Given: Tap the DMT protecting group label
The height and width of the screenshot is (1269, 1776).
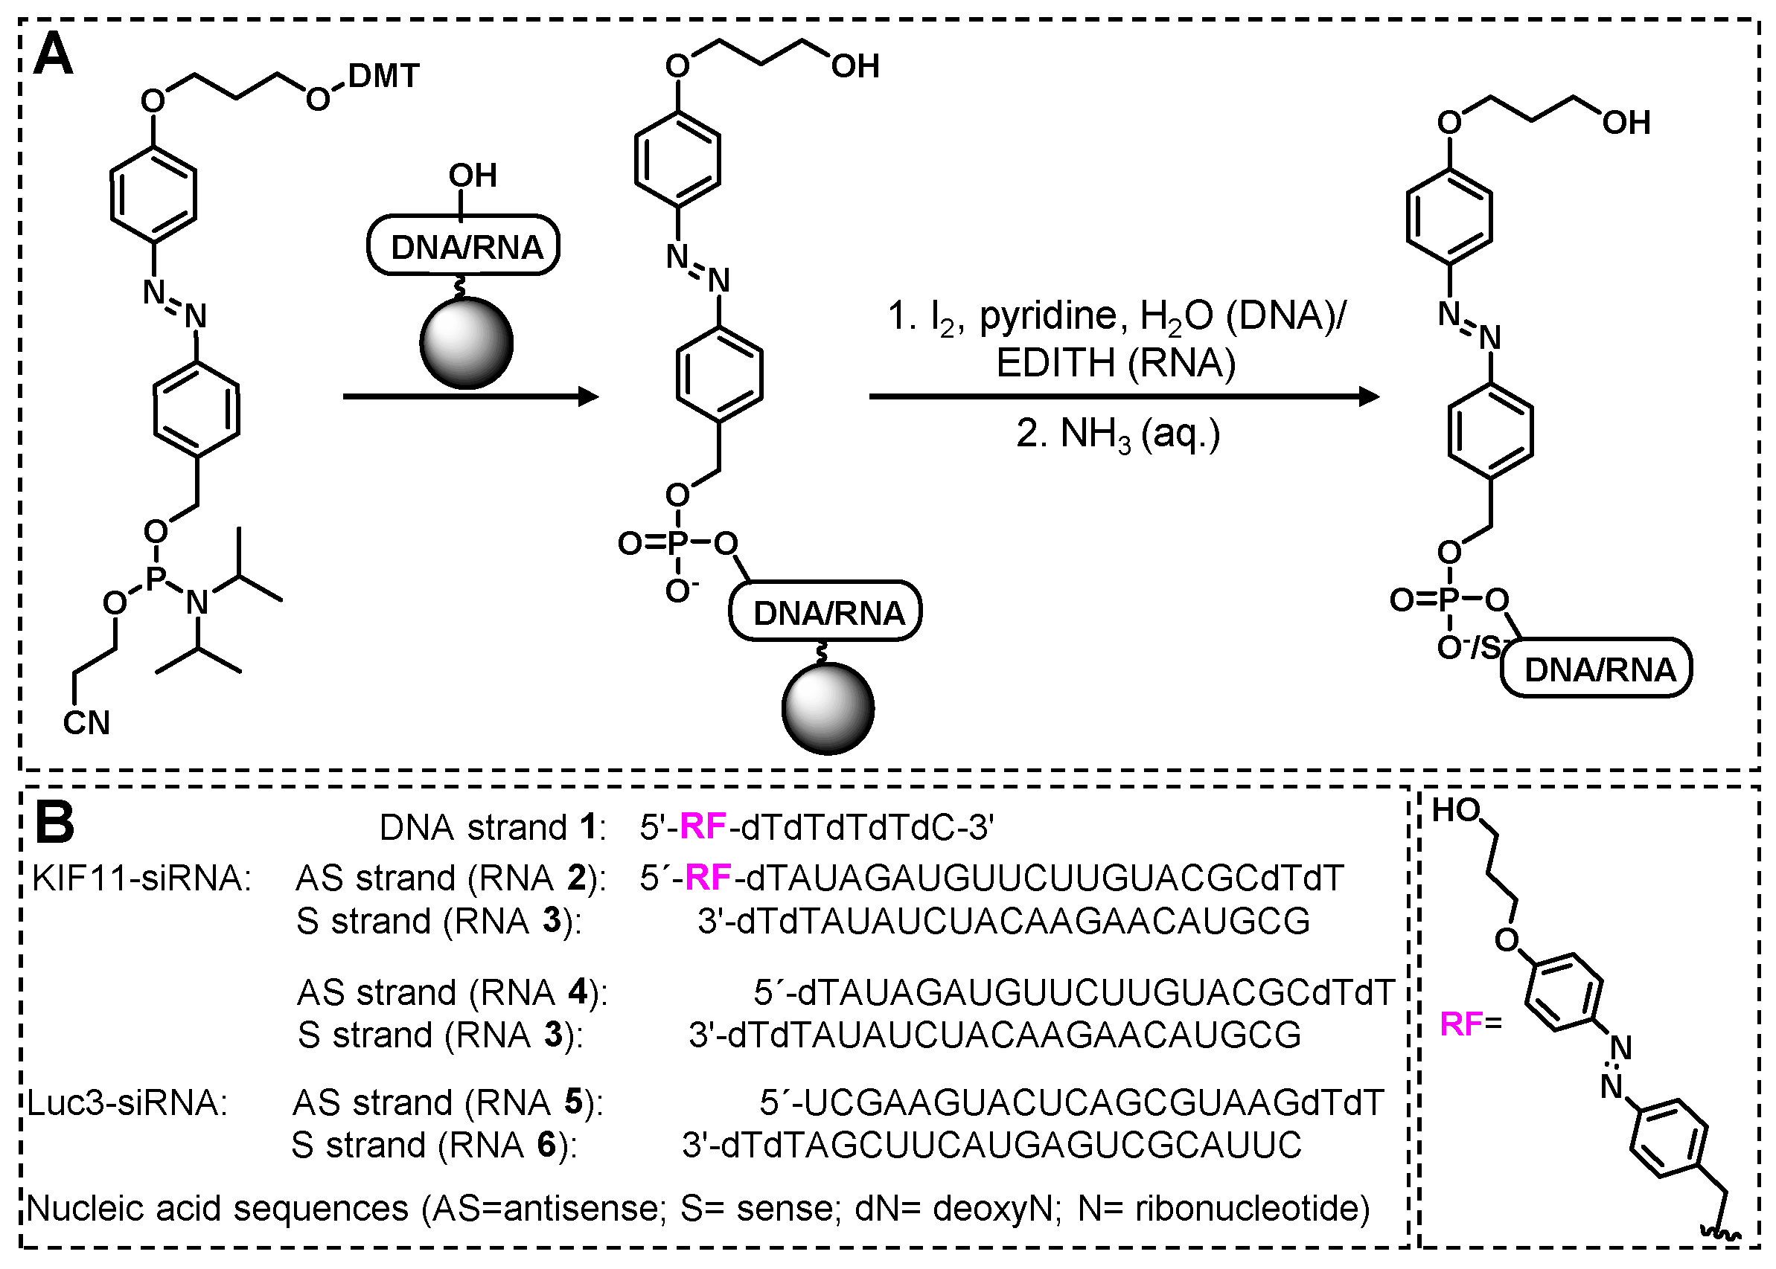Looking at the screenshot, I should coord(384,77).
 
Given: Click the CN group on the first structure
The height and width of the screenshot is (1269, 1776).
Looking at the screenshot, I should coord(86,723).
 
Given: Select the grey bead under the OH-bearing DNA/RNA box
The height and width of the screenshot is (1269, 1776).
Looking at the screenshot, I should coord(466,342).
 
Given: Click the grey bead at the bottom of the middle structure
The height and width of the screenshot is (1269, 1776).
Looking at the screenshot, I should coord(828,708).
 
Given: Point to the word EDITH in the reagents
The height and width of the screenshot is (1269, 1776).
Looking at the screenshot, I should coord(1055,363).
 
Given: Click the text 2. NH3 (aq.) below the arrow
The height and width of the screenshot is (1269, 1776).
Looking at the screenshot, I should coord(1118,434).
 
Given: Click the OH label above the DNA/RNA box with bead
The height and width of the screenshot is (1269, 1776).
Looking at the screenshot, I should coord(473,176).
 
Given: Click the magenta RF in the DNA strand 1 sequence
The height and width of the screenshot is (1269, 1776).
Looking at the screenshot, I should coord(703,826).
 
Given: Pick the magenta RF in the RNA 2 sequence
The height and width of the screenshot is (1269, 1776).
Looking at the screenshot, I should coord(708,878).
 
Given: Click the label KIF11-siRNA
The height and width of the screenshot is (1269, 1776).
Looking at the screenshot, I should coord(141,878).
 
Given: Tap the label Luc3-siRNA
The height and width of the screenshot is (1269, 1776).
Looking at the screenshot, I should coord(127,1103).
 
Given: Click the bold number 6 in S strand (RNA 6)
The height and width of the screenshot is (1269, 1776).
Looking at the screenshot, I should coord(547,1145).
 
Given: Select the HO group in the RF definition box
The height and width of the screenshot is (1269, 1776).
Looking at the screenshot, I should coord(1455,811).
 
